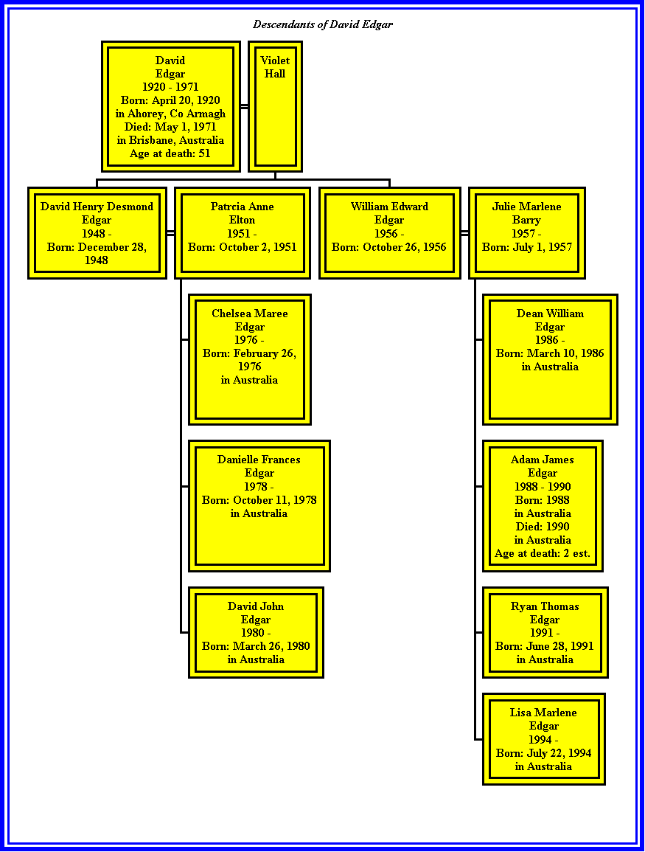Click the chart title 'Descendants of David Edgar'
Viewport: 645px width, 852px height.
(x=323, y=24)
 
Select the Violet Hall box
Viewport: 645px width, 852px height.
(x=275, y=106)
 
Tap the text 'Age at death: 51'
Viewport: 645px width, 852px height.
(x=170, y=153)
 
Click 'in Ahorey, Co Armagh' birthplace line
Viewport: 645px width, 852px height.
(x=170, y=114)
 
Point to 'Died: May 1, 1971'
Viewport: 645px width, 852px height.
(x=170, y=127)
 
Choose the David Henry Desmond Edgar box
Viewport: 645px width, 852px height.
(x=97, y=233)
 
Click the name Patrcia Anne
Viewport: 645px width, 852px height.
(x=242, y=207)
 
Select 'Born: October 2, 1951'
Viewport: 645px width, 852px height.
(x=242, y=247)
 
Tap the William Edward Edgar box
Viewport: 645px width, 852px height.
(x=390, y=233)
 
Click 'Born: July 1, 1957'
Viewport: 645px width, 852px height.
(x=526, y=247)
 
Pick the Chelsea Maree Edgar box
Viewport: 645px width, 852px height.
(x=250, y=360)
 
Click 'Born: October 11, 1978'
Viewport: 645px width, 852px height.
(x=259, y=500)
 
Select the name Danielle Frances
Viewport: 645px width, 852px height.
(x=259, y=460)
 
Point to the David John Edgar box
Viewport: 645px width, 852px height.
(x=257, y=632)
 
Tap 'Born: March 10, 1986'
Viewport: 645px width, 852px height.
(x=550, y=353)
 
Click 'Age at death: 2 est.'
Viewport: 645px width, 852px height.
(x=543, y=554)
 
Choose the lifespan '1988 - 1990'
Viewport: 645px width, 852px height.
(x=543, y=487)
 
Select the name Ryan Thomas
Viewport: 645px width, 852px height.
(x=545, y=606)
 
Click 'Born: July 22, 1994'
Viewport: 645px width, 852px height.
(x=543, y=753)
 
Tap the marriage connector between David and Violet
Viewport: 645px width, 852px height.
(x=244, y=106)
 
